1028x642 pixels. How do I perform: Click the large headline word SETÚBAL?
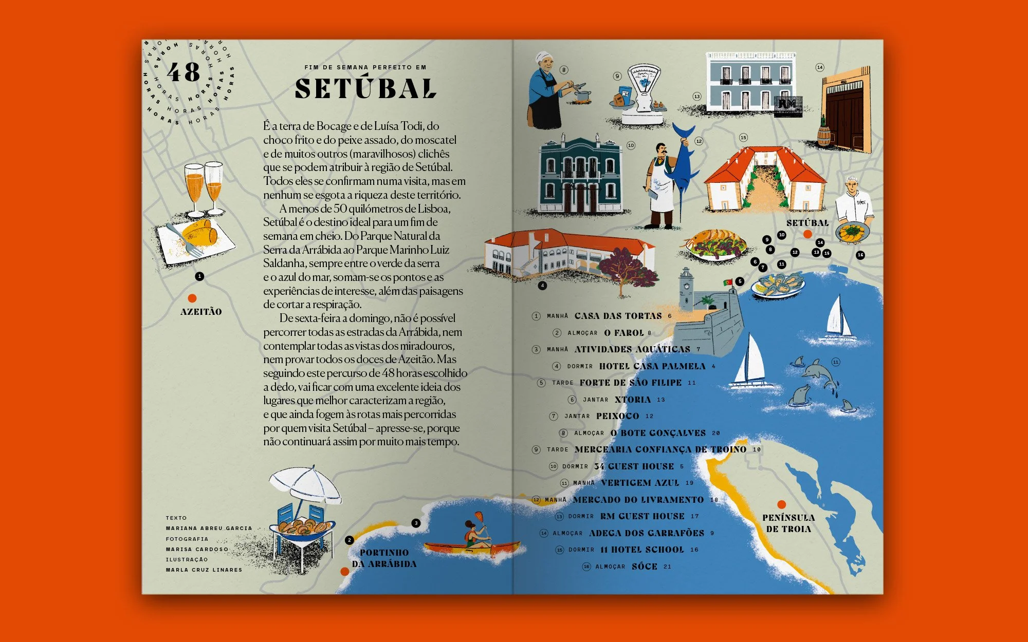(x=365, y=88)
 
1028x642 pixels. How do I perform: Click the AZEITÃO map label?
(x=201, y=312)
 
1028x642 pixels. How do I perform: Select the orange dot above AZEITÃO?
(x=192, y=298)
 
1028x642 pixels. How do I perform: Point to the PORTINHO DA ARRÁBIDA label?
(x=384, y=558)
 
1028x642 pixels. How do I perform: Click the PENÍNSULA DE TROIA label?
(x=788, y=523)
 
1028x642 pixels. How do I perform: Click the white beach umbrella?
(x=305, y=484)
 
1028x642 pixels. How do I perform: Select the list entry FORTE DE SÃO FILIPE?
(x=630, y=383)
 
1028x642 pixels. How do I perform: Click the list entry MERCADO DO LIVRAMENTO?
(x=638, y=500)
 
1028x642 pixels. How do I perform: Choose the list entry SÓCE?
(x=645, y=567)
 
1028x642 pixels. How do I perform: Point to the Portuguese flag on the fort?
(x=728, y=282)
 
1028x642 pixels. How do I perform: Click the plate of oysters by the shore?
(x=778, y=286)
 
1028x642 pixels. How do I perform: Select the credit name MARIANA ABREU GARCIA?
(x=209, y=528)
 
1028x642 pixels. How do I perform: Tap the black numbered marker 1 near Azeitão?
(x=199, y=276)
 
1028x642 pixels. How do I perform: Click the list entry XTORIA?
(x=633, y=400)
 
